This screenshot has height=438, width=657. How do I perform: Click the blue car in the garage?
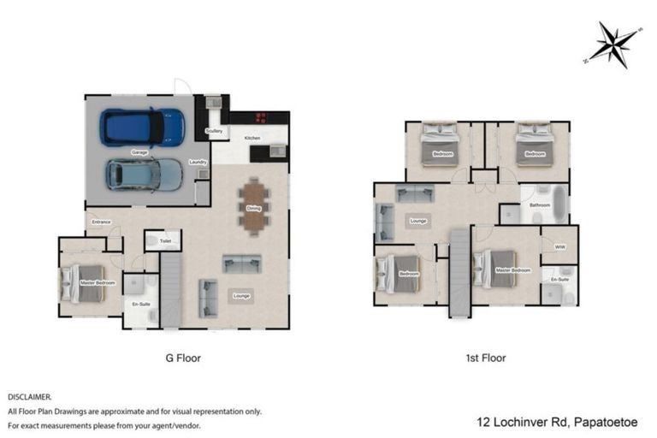(x=142, y=127)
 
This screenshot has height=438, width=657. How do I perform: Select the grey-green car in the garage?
(x=144, y=175)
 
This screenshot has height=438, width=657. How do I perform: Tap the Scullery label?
(x=215, y=131)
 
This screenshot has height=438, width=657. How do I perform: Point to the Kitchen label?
(x=252, y=138)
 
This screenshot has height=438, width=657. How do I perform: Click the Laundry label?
(x=198, y=161)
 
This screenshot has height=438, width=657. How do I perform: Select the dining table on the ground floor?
(x=254, y=206)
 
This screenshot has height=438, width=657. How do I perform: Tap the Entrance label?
(x=102, y=222)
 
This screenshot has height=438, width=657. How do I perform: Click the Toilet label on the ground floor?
(x=165, y=242)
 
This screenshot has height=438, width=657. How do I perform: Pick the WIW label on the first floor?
(x=559, y=247)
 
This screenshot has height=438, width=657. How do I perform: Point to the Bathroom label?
(x=539, y=205)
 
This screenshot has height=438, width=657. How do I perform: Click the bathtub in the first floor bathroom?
(x=559, y=203)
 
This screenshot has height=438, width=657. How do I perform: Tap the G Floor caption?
(x=182, y=358)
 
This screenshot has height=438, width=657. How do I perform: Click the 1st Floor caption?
(x=486, y=358)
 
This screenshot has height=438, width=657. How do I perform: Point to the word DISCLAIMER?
(x=30, y=398)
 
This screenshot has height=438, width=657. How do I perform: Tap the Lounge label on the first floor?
(x=418, y=222)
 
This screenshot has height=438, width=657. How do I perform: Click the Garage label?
(x=139, y=152)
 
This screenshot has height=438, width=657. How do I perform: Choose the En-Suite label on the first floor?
(x=560, y=280)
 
